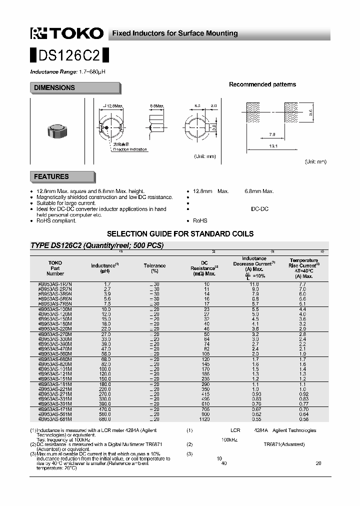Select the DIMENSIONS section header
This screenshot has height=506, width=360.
(x=54, y=88)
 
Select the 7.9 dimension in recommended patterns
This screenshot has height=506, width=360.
(x=272, y=134)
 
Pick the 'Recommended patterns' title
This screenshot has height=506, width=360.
(x=262, y=84)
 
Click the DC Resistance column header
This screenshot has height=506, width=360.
(x=204, y=267)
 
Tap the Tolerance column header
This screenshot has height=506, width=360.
(x=154, y=268)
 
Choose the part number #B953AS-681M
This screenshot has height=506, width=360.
(x=55, y=419)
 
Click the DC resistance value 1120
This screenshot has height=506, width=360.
(x=204, y=419)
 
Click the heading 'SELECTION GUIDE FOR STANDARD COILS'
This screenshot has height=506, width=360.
(x=180, y=234)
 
